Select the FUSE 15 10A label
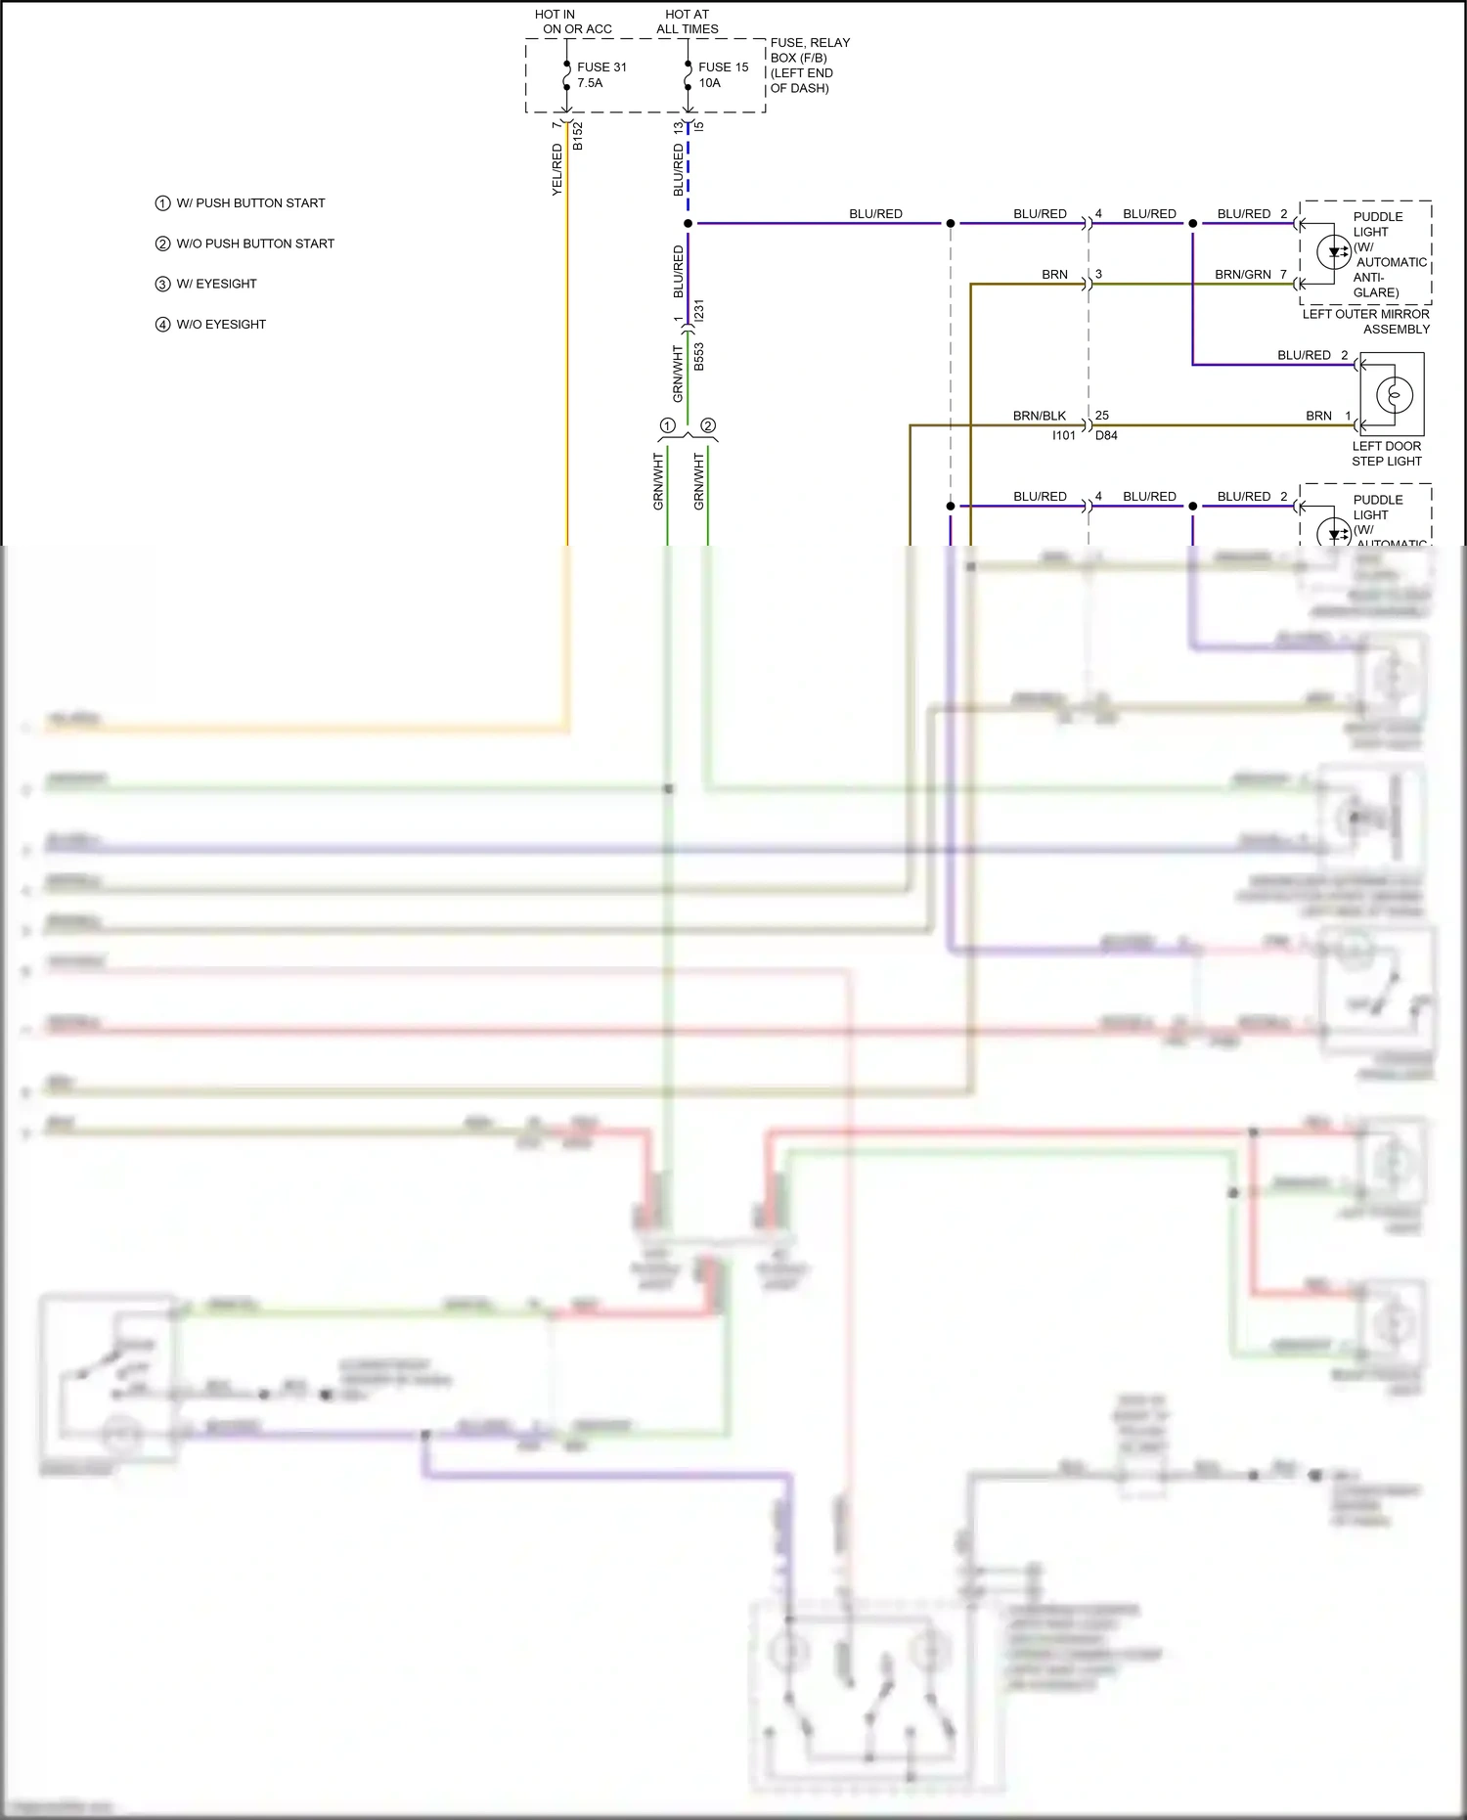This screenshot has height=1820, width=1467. point(723,74)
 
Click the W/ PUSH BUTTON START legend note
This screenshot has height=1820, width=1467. point(249,203)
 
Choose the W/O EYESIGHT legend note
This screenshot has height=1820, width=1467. point(220,325)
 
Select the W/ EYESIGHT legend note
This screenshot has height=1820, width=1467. point(215,284)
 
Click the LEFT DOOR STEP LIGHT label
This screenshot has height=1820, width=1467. point(1386,454)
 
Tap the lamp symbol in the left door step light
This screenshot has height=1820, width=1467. point(1394,395)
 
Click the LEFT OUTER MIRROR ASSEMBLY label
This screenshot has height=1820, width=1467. point(1366,322)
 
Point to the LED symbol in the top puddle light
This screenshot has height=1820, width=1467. point(1334,252)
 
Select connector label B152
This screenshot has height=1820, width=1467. point(578,136)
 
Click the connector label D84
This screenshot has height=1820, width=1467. point(1106,436)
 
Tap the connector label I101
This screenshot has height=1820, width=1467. point(1063,436)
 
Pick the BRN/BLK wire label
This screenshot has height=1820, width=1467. point(1039,416)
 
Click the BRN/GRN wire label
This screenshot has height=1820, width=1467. point(1242,275)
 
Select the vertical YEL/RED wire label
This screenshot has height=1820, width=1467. point(557,169)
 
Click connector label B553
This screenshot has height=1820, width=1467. point(699,357)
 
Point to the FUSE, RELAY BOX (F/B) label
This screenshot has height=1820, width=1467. point(809,66)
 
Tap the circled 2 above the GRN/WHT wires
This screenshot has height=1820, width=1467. point(708,425)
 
